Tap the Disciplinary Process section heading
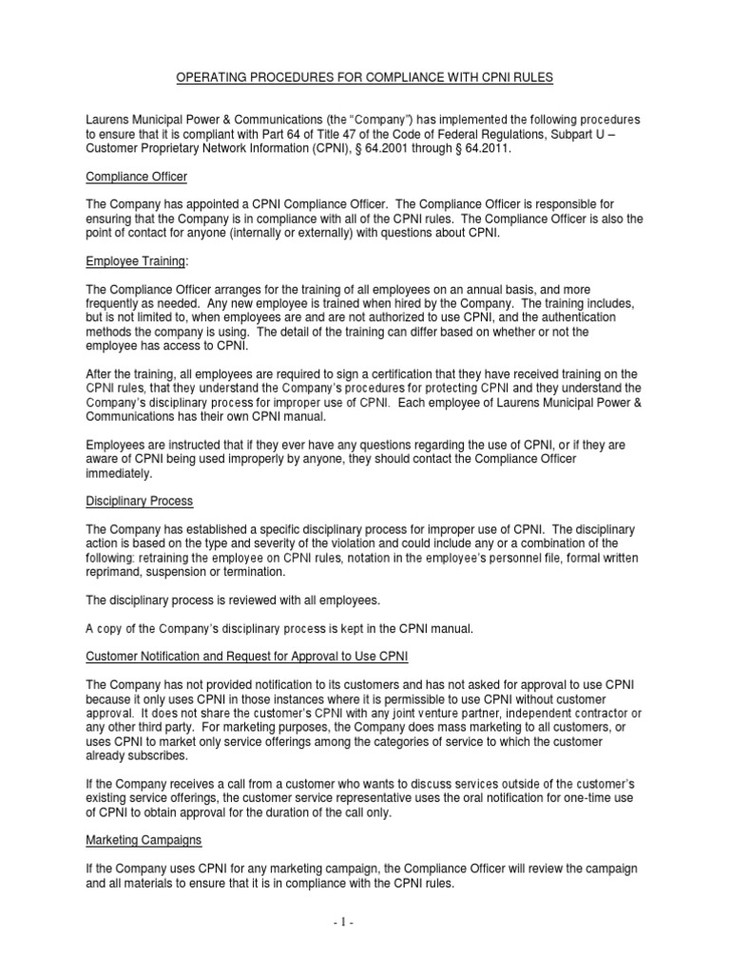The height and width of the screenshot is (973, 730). click(139, 501)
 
